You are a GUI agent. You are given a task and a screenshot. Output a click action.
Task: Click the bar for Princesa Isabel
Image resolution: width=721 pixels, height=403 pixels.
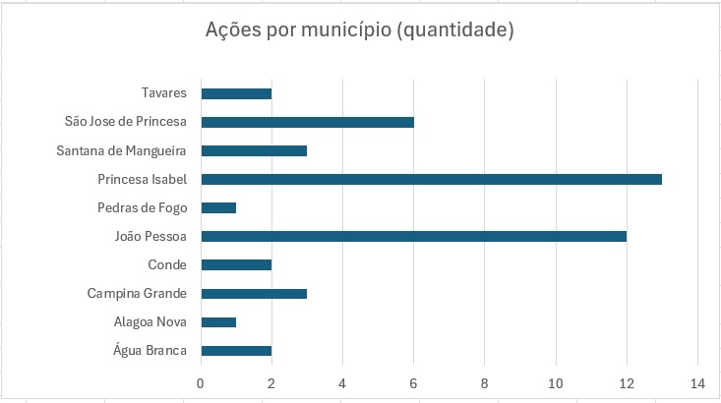point(431,179)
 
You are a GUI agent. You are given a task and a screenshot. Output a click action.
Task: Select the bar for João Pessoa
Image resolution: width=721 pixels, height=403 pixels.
point(413,236)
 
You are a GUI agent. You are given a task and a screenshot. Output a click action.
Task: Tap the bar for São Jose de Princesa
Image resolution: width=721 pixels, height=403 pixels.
point(307,122)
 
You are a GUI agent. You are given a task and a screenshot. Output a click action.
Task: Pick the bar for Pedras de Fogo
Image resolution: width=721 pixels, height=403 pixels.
point(218,207)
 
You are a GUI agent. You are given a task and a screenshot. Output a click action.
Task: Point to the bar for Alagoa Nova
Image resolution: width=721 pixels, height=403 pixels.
point(218,321)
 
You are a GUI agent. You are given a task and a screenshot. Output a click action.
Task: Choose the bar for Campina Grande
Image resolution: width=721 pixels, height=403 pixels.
point(254,293)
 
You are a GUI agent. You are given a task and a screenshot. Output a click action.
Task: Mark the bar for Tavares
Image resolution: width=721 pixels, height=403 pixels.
point(236,93)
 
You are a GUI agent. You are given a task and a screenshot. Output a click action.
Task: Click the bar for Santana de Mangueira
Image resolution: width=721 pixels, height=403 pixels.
point(254,150)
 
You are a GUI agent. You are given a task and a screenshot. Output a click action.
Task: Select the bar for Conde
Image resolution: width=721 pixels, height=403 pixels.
point(236,264)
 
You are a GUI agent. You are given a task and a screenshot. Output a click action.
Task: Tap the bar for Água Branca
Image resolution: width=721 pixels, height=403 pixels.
point(236,350)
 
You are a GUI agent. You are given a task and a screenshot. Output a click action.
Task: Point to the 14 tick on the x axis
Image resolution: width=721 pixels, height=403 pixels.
point(697,383)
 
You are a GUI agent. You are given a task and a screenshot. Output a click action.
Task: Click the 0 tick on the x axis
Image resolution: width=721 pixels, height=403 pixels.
point(201,383)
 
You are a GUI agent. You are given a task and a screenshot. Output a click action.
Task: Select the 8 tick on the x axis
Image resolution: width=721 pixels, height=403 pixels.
point(485,383)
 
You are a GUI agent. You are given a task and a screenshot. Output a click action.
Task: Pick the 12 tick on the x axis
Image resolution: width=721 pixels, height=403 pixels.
point(627,383)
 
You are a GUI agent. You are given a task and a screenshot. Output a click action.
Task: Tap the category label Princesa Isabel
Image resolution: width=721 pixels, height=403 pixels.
point(142,179)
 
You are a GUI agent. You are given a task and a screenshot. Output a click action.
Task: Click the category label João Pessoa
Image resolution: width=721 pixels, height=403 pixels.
point(151,236)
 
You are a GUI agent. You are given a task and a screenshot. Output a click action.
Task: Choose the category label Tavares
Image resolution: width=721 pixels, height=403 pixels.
point(164,93)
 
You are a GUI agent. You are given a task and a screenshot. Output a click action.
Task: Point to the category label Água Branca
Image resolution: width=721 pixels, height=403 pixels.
point(149,350)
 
